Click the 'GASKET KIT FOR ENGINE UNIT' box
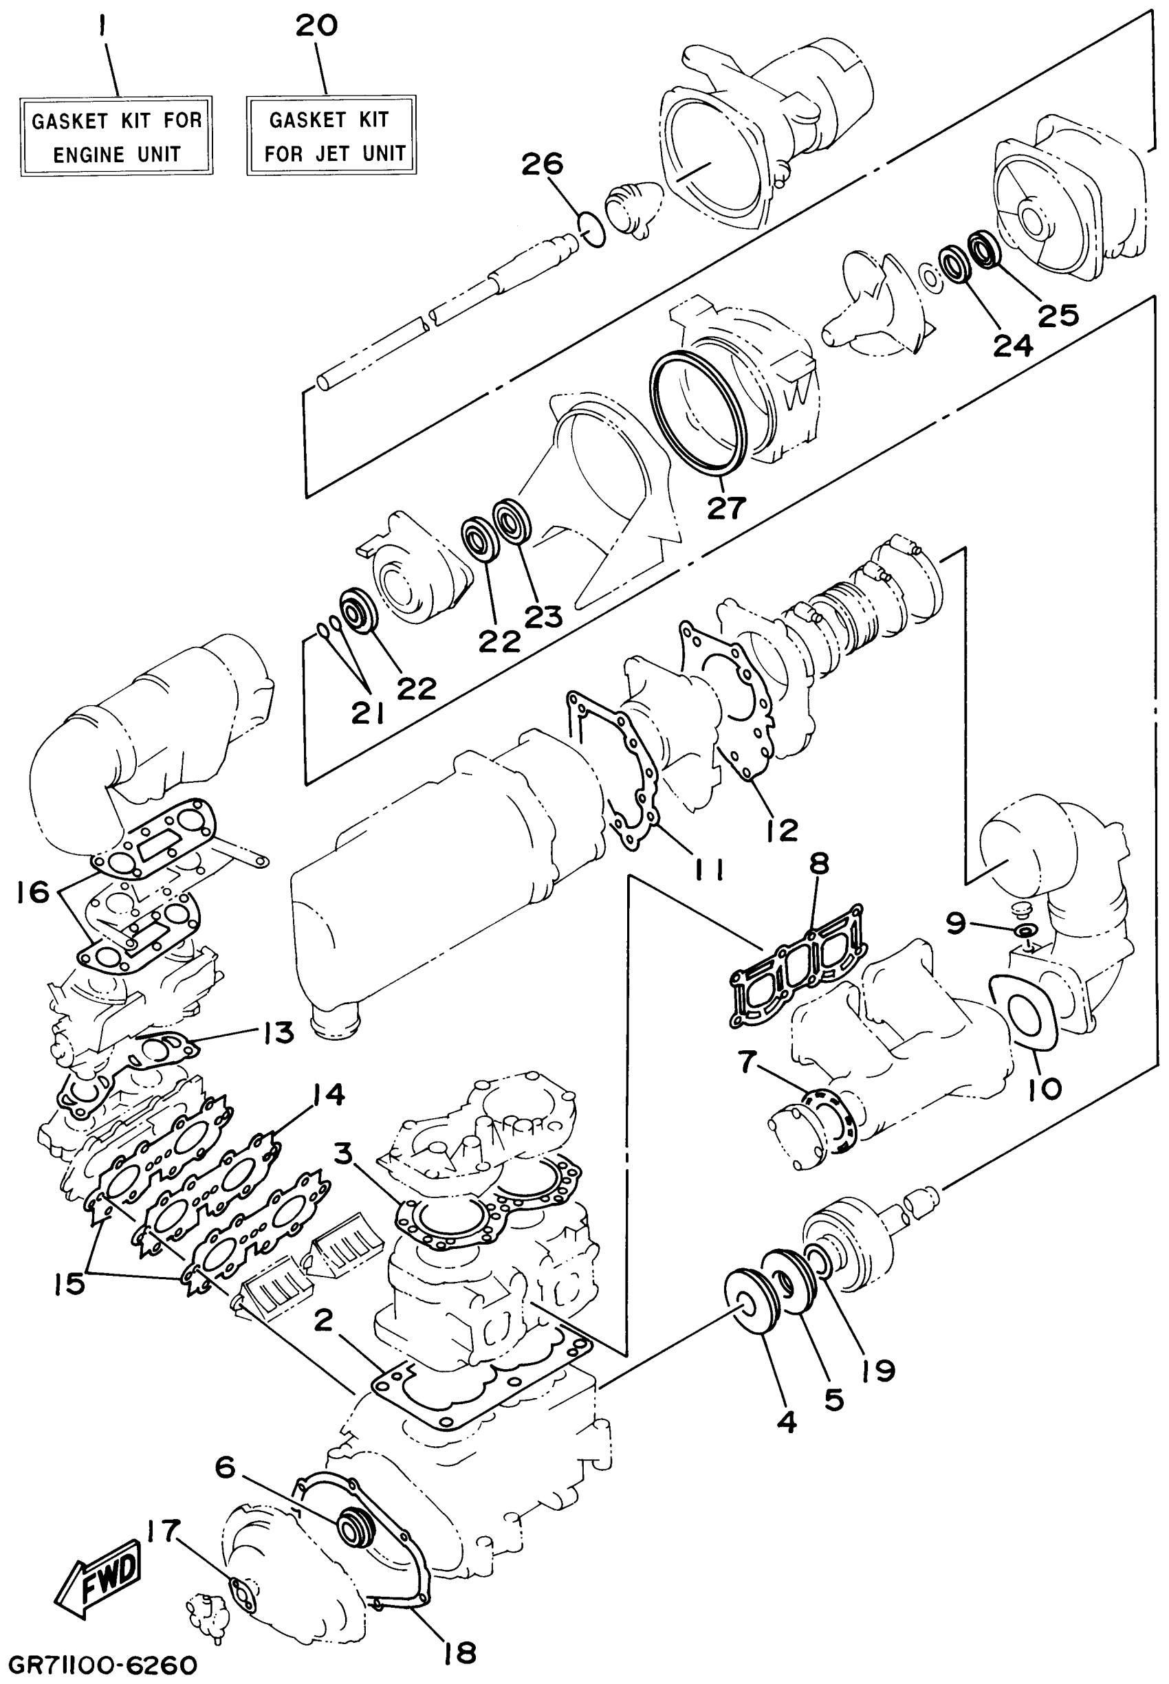tap(116, 136)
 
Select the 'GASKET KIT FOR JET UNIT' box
tap(331, 135)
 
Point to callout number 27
tap(726, 507)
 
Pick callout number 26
tap(542, 164)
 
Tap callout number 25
tap(1058, 315)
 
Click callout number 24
tap(1013, 344)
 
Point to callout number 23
tap(543, 617)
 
